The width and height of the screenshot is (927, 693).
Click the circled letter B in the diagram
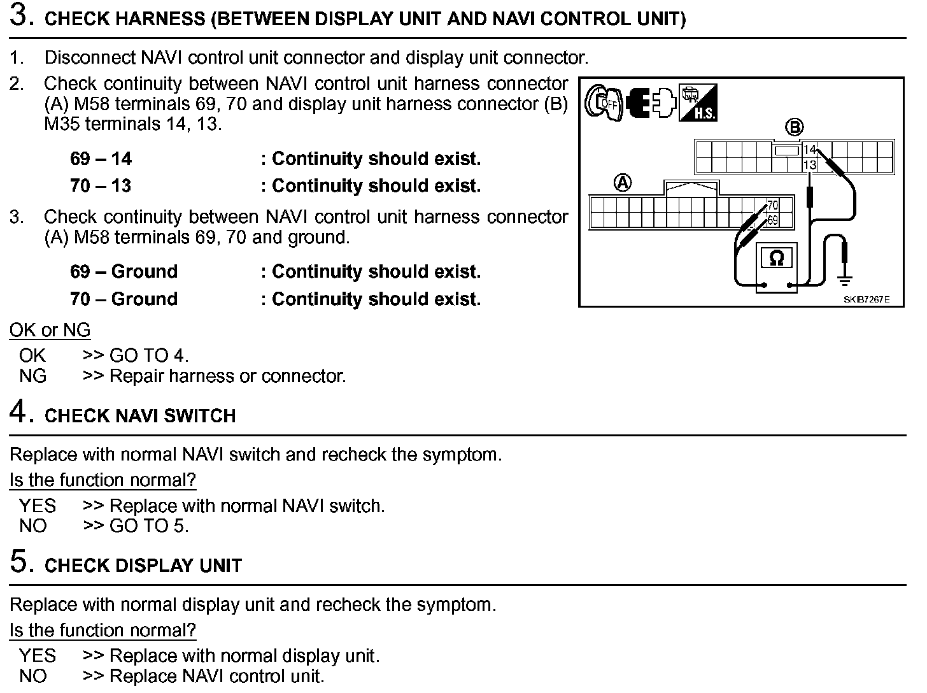(x=794, y=127)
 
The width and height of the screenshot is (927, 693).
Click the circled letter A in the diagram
(x=622, y=183)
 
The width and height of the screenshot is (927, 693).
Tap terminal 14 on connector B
(x=809, y=150)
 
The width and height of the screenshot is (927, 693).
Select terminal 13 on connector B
(x=809, y=165)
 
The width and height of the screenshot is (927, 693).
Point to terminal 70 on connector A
(x=772, y=206)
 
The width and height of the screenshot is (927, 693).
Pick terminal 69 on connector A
(x=772, y=220)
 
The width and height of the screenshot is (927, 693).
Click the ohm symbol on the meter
(x=776, y=259)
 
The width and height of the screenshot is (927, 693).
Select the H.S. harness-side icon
(x=698, y=103)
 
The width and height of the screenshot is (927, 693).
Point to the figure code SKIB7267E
(x=867, y=299)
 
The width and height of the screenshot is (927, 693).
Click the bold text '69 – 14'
(x=101, y=159)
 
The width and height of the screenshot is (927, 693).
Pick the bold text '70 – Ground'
(x=124, y=299)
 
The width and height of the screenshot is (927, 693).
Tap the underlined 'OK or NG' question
(x=50, y=330)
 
